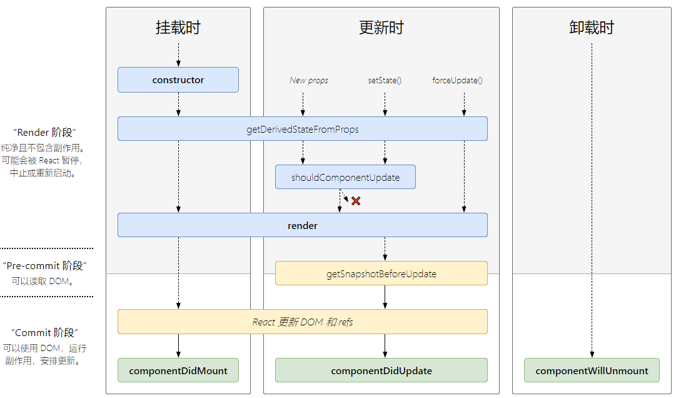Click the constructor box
178,80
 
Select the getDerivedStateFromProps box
303,129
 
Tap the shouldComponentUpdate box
345,177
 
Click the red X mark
356,201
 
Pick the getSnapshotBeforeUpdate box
381,273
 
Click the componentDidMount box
178,370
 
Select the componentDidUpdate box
381,370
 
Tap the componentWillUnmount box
592,370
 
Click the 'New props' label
308,80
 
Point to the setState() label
385,80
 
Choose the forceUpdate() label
457,80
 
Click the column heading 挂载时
178,28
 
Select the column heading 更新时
381,28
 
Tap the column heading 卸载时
592,28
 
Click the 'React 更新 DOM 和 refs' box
303,322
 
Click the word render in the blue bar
303,225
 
